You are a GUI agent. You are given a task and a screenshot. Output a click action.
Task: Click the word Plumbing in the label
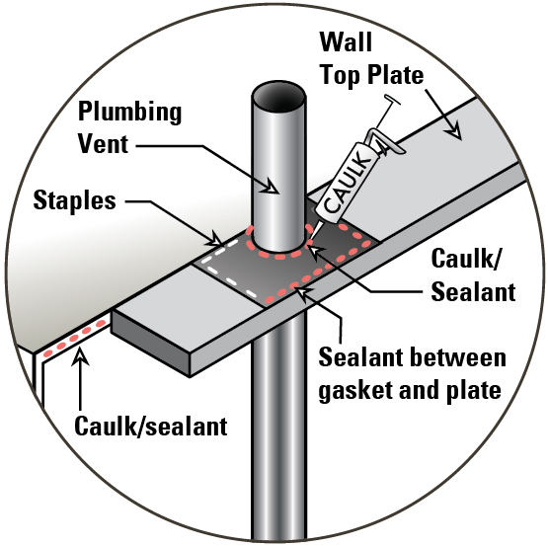[x=129, y=113]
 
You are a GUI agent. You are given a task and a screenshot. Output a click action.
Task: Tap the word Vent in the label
[x=103, y=144]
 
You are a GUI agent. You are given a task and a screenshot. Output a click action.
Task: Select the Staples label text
[x=74, y=201]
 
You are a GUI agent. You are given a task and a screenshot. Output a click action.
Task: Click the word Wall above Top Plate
[x=346, y=41]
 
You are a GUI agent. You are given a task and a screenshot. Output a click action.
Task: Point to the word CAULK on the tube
[x=348, y=182]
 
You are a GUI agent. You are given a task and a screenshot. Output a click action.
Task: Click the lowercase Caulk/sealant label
[x=151, y=427]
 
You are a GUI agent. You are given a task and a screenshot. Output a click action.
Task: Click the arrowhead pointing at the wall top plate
[x=455, y=132]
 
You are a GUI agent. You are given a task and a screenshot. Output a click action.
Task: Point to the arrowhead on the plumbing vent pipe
[x=271, y=187]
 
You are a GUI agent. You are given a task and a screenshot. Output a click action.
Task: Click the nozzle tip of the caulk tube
[x=310, y=239]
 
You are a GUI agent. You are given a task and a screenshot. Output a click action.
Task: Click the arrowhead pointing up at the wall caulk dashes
[x=80, y=355]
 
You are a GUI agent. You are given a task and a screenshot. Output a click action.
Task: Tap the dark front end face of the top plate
[x=151, y=343]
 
